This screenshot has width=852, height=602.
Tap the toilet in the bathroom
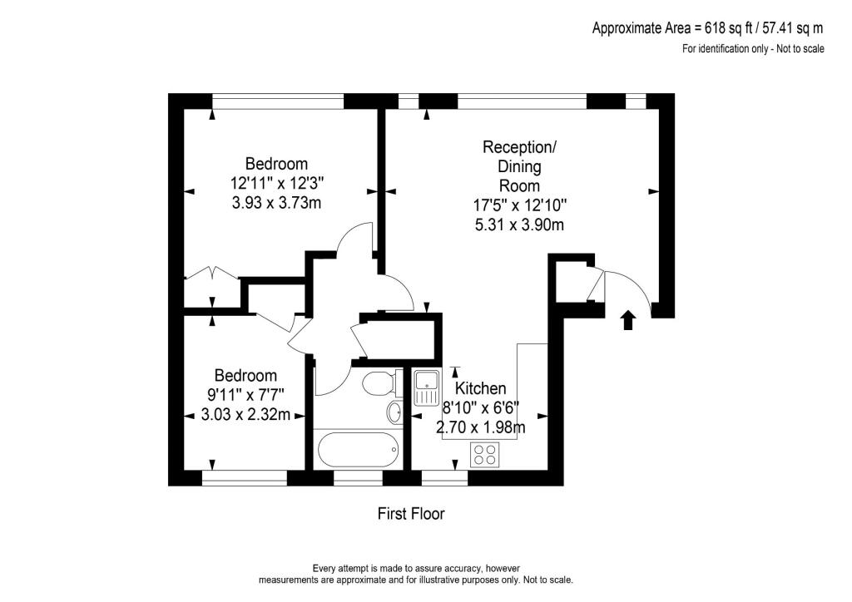click(379, 384)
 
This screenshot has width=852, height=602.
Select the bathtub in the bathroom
click(358, 450)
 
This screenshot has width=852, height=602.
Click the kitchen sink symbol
click(427, 387)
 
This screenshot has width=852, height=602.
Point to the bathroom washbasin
click(395, 412)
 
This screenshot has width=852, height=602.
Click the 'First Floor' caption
click(411, 514)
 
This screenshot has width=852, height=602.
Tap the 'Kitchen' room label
click(480, 388)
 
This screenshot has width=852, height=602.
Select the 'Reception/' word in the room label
click(520, 147)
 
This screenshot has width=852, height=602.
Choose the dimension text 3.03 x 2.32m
click(245, 415)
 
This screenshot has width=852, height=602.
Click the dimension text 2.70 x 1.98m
click(481, 428)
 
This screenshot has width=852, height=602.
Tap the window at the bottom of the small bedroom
click(245, 478)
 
